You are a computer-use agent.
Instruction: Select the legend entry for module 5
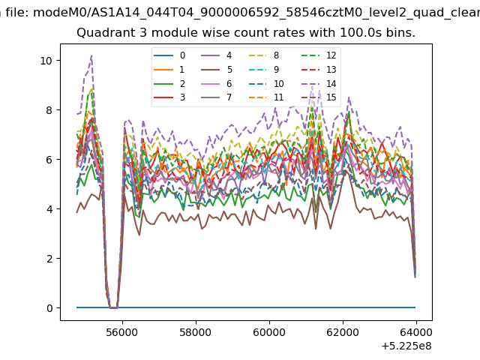217,70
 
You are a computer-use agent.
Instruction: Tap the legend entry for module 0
169,55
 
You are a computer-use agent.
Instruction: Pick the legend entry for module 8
263,55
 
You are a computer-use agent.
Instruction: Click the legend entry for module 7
217,97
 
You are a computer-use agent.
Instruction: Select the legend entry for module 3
169,97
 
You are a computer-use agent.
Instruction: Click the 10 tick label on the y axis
46,61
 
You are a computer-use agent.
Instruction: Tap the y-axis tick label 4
49,209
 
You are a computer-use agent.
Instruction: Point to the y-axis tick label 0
49,308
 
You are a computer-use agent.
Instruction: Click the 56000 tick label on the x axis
122,332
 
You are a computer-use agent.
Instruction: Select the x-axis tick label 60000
269,332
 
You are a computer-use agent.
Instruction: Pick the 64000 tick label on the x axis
416,332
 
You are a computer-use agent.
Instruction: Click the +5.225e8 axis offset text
406,346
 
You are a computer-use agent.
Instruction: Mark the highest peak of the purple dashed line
91,55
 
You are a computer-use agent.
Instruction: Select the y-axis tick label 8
49,110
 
